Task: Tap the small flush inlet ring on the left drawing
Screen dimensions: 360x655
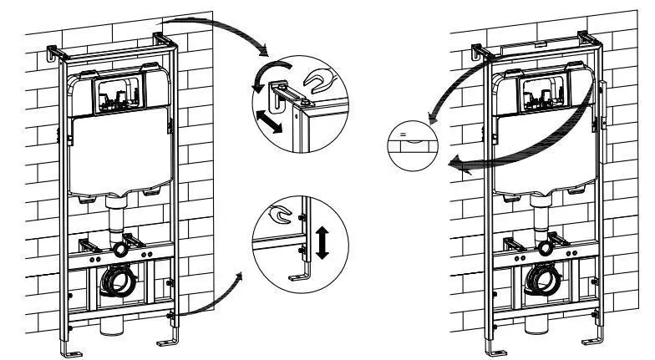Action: pos(124,248)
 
